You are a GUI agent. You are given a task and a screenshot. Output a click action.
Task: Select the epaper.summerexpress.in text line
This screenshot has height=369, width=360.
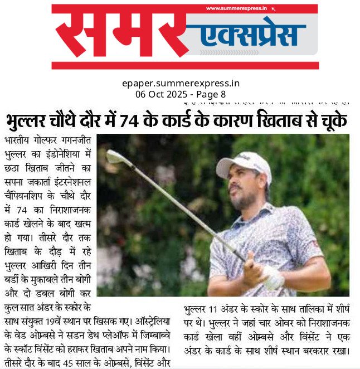(181, 83)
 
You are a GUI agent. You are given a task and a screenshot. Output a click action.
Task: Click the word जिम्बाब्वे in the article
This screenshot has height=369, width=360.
(153, 336)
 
